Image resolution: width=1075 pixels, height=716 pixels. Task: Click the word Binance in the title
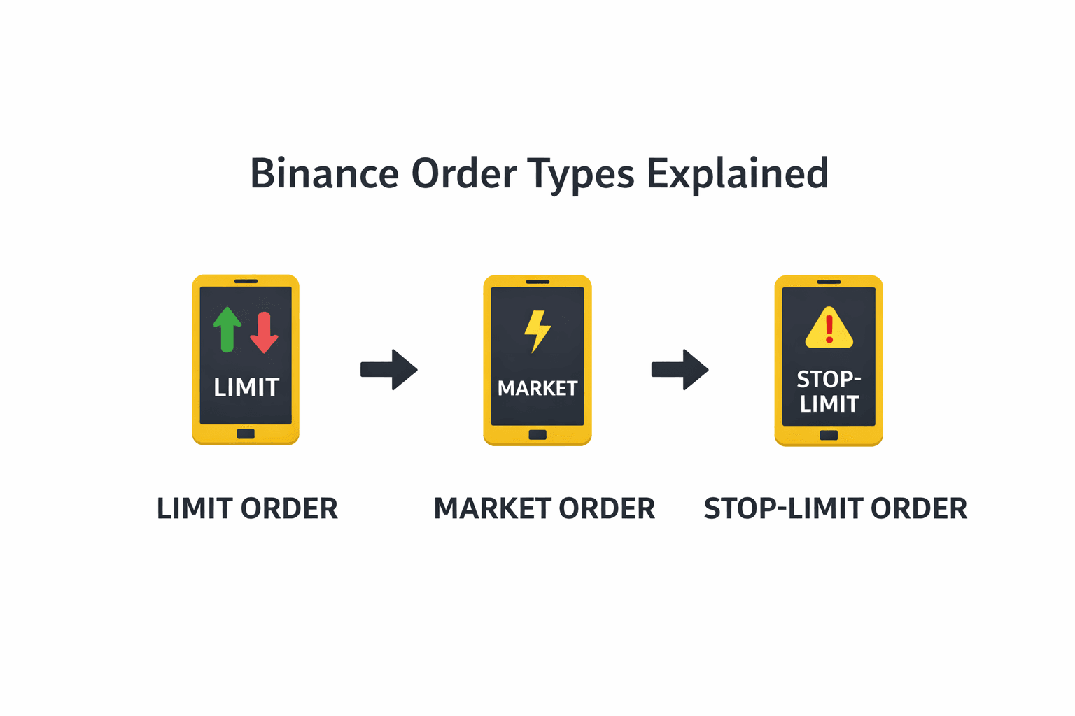[325, 173]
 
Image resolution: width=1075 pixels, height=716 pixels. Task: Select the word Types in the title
[581, 176]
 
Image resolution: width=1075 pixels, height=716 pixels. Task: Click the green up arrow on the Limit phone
[227, 330]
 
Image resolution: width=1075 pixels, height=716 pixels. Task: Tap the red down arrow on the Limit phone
[264, 332]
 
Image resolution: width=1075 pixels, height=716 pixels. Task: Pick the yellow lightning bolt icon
[537, 331]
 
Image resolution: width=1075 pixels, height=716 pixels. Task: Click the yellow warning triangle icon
[829, 327]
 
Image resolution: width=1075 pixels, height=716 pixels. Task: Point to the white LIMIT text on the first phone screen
[246, 387]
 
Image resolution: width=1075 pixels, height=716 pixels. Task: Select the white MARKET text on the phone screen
[537, 389]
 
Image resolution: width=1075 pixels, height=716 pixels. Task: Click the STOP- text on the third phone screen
[829, 380]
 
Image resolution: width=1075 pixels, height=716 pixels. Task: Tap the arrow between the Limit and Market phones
[388, 369]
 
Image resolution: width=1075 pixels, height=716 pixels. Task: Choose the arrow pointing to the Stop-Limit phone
[680, 369]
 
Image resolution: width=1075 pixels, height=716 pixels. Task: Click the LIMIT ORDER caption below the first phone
[247, 508]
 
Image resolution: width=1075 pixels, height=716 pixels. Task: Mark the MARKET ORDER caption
[544, 508]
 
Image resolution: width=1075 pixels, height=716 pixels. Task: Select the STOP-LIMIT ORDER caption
[836, 508]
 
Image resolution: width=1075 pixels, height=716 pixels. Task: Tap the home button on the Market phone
[537, 435]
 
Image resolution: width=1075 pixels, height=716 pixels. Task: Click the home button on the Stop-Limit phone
[829, 436]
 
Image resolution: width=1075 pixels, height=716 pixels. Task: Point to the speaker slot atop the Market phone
[537, 282]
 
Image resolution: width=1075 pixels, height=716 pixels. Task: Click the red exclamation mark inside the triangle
[829, 329]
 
